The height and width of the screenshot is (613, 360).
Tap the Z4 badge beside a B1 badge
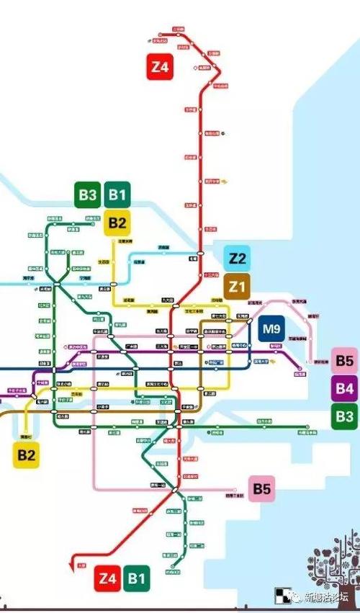pyautogui.click(x=108, y=578)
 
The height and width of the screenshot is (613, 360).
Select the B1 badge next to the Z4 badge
pyautogui.click(x=135, y=578)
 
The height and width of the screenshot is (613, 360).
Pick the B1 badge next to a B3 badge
pyautogui.click(x=117, y=194)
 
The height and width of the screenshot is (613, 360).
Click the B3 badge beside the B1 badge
pyautogui.click(x=88, y=194)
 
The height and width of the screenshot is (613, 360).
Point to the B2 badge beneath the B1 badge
pyautogui.click(x=117, y=222)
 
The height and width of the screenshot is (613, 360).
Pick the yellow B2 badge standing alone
pyautogui.click(x=24, y=455)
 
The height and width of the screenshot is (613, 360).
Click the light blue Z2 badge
pyautogui.click(x=237, y=257)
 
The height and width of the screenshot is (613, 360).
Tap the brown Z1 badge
pyautogui.click(x=237, y=286)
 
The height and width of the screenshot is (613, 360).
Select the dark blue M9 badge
pyautogui.click(x=271, y=329)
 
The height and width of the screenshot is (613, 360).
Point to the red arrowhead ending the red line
pyautogui.click(x=71, y=568)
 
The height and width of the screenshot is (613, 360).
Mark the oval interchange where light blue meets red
pyautogui.click(x=202, y=254)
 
